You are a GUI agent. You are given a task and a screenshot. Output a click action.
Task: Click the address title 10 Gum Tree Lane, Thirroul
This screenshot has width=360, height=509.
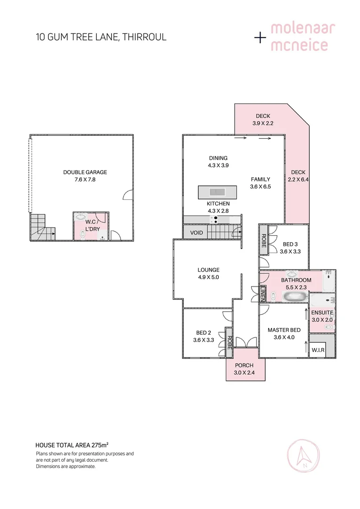coord(101,37)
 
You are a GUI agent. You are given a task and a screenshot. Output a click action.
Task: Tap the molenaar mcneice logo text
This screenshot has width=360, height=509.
coord(303,37)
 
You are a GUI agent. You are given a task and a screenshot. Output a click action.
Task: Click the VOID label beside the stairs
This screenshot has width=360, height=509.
coord(196,233)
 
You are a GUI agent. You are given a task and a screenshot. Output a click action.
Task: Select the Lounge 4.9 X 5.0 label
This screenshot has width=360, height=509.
coord(208,273)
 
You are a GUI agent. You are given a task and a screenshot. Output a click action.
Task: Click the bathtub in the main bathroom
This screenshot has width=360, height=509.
coord(294,296)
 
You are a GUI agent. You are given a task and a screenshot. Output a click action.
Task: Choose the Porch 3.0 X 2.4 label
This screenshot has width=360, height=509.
coord(244,369)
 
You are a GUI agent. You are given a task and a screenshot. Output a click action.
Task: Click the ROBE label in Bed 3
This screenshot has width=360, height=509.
coord(263,240)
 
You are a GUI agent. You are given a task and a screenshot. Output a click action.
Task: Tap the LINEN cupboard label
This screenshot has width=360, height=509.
coord(262,295)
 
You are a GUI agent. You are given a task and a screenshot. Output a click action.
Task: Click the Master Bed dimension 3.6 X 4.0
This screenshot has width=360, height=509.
coord(284,337)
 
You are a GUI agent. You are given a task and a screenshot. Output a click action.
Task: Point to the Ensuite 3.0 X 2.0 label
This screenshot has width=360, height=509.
coord(322,316)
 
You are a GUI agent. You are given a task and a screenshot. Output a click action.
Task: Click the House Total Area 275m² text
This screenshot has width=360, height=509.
coord(72,444)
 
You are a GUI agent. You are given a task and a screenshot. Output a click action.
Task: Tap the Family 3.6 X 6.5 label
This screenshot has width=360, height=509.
coord(260,182)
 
